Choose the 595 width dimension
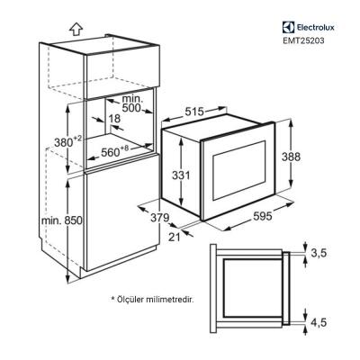264,216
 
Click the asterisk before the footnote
113,296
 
